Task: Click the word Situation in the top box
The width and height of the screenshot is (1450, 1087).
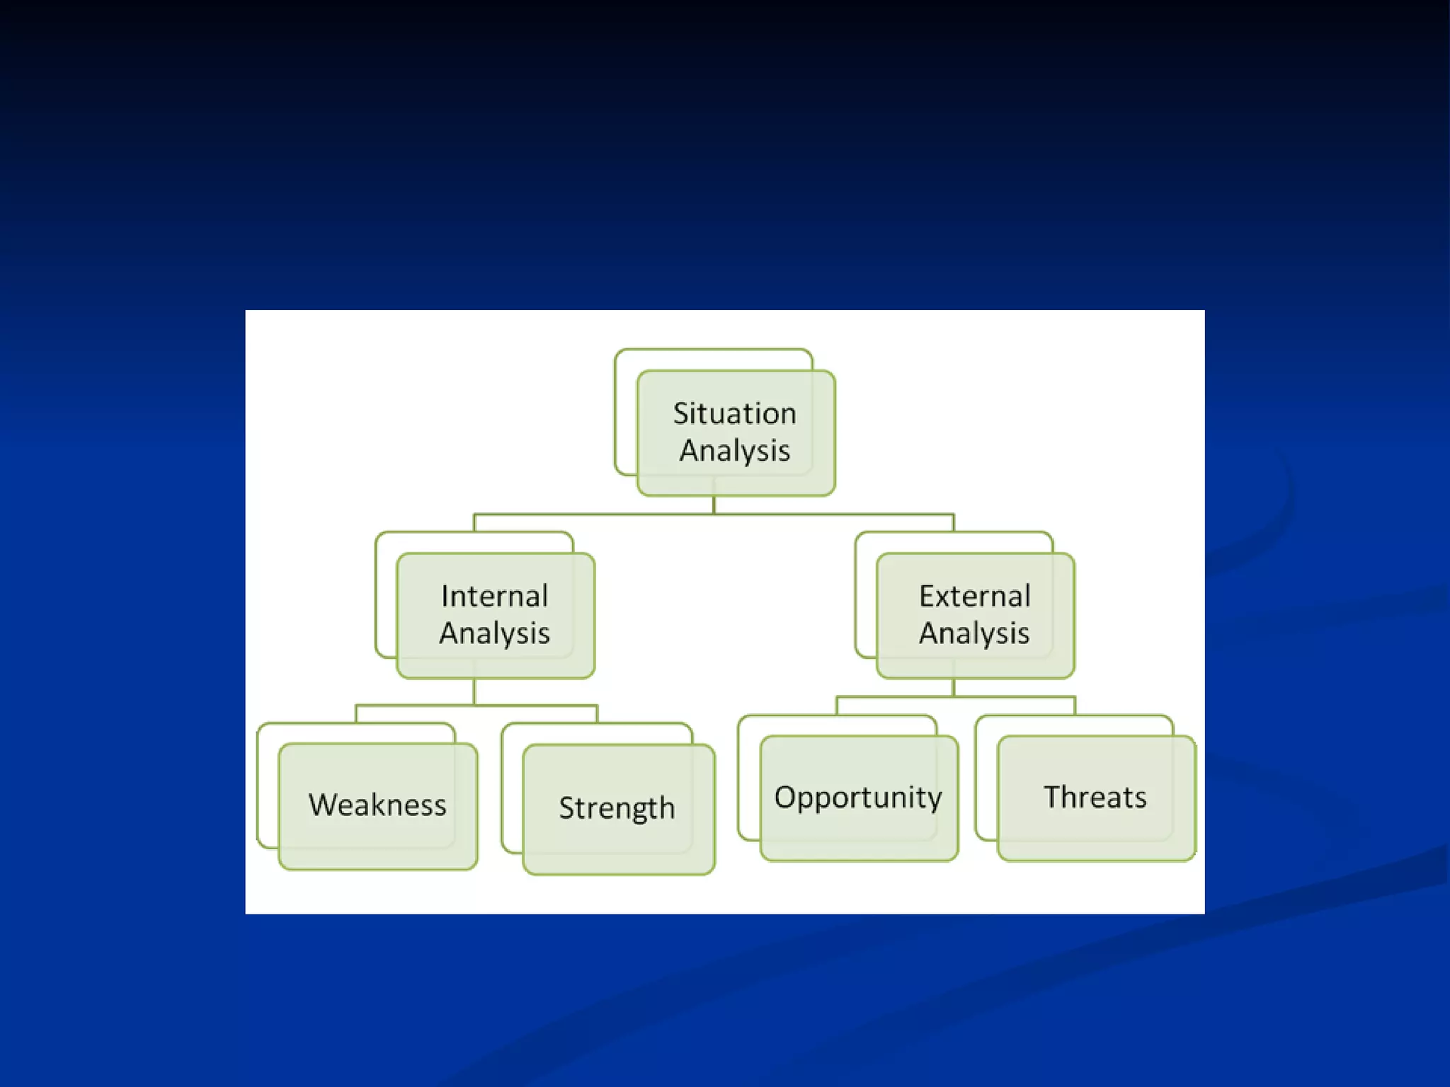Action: click(x=734, y=413)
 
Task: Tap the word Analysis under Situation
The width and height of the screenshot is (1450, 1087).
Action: click(x=734, y=451)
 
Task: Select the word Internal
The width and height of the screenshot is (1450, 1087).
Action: click(x=494, y=596)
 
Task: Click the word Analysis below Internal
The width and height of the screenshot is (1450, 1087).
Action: click(x=494, y=633)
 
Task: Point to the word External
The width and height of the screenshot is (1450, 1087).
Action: click(x=974, y=596)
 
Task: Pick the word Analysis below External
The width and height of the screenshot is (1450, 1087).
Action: click(x=974, y=633)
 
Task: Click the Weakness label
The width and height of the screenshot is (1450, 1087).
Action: click(x=377, y=805)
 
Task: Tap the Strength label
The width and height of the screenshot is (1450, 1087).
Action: click(x=617, y=808)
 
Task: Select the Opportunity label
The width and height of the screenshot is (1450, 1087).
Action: click(x=858, y=798)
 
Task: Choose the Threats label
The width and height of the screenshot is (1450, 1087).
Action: click(x=1095, y=798)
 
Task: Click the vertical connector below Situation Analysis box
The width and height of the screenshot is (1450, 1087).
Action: click(x=714, y=505)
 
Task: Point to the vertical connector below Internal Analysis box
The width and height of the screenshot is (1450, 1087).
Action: click(x=474, y=691)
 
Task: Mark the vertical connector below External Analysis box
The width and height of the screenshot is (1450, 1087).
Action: click(x=954, y=687)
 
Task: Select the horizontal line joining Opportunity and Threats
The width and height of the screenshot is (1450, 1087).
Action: click(x=1020, y=697)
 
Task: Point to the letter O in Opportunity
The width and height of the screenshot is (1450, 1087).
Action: click(x=784, y=797)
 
